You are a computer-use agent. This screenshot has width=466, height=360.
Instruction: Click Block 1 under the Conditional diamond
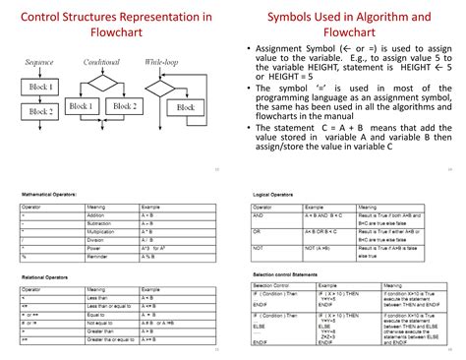[81, 105]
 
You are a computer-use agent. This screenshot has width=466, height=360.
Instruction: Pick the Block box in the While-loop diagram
[186, 107]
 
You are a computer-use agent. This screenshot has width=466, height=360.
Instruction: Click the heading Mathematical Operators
[52, 194]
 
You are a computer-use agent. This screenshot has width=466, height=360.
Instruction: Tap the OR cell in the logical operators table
[258, 230]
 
